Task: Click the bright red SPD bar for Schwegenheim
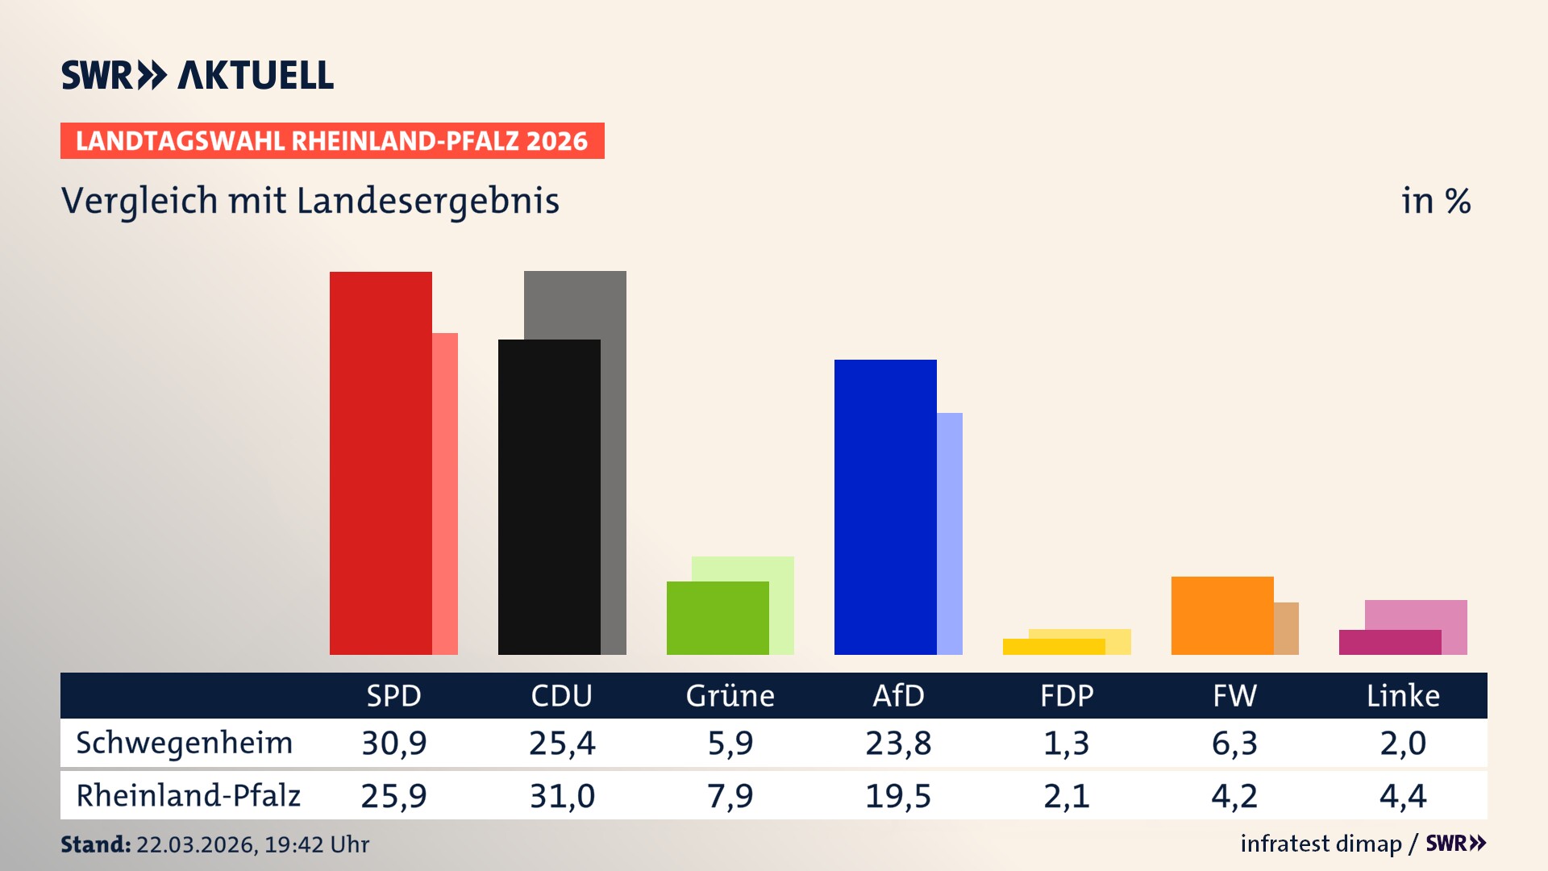point(381,464)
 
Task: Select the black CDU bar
point(549,497)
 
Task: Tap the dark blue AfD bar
point(885,506)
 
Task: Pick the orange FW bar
point(1222,615)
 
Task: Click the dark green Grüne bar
point(718,618)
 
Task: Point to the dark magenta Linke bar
point(1390,642)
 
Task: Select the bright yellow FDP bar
point(1054,646)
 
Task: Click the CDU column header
point(562,695)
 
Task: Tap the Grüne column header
point(730,695)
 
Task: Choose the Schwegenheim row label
point(185,743)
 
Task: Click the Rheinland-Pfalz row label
point(188,795)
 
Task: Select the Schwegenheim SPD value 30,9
point(393,743)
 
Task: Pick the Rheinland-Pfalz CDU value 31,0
point(562,796)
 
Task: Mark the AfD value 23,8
point(898,743)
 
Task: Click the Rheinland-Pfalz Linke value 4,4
point(1403,796)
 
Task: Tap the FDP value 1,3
point(1066,743)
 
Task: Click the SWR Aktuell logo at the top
point(198,75)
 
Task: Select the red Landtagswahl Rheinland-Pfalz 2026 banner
point(332,140)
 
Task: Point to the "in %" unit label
point(1436,201)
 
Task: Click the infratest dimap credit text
point(1321,844)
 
